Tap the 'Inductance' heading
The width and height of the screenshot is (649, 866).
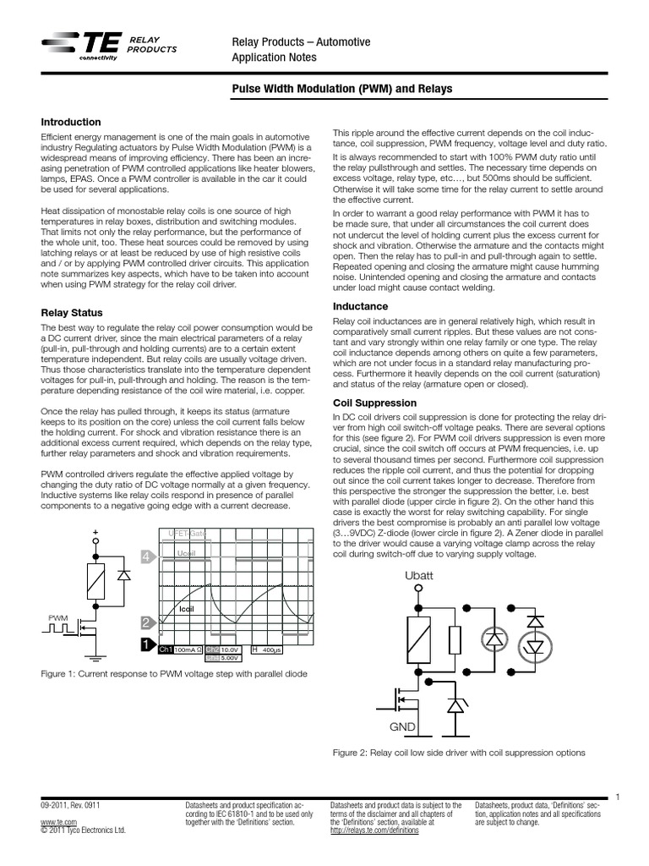pyautogui.click(x=361, y=306)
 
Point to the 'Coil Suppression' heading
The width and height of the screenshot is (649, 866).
pyautogui.click(x=375, y=403)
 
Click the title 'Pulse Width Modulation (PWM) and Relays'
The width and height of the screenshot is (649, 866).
pyautogui.click(x=342, y=88)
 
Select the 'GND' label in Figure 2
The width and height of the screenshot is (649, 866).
pyautogui.click(x=403, y=726)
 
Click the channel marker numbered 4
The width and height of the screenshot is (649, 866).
pyautogui.click(x=147, y=556)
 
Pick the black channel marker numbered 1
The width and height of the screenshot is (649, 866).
pyautogui.click(x=147, y=646)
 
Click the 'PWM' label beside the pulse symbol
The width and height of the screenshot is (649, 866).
pyautogui.click(x=58, y=618)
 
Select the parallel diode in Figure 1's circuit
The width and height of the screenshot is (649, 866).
pyautogui.click(x=123, y=575)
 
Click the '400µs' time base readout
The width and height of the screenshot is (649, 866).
pyautogui.click(x=271, y=649)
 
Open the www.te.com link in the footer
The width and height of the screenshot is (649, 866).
pyautogui.click(x=53, y=821)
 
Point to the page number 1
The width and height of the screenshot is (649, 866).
pyautogui.click(x=619, y=797)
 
